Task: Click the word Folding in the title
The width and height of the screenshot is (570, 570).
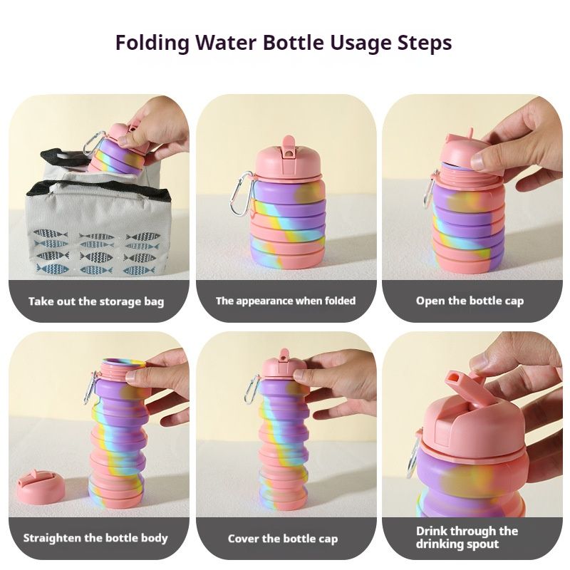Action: point(152,43)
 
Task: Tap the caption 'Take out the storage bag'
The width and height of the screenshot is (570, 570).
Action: point(96,301)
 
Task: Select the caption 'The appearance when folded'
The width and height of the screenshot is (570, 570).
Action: point(286,301)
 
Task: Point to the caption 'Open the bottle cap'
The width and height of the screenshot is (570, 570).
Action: point(470,301)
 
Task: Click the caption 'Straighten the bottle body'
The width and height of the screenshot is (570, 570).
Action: point(95,538)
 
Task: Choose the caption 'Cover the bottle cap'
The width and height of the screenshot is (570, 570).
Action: point(283,539)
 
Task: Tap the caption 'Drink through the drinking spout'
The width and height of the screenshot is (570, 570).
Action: point(467,537)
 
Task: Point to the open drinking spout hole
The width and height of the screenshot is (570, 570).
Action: point(454,381)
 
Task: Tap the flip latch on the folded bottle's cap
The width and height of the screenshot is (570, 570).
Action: point(289,148)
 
